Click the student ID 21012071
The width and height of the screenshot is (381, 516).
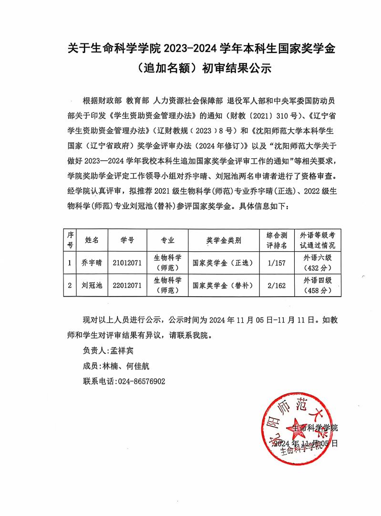coord(127,262)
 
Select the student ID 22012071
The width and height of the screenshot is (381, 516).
coord(127,285)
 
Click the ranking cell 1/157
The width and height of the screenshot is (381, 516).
coord(277,262)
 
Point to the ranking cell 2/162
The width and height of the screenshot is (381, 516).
coord(277,285)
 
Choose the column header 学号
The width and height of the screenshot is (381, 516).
coord(127,240)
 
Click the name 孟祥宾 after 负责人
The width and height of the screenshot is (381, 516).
coord(124,351)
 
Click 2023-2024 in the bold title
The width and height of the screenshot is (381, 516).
coord(191,48)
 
